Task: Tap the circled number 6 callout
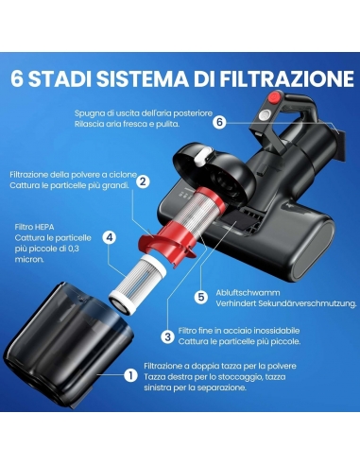coord(218,122)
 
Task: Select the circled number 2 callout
coord(143,181)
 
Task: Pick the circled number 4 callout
coord(110,238)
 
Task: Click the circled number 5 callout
coord(200,297)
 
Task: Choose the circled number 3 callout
coord(167,336)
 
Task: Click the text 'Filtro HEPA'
coord(33,227)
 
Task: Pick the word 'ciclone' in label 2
coord(117,175)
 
